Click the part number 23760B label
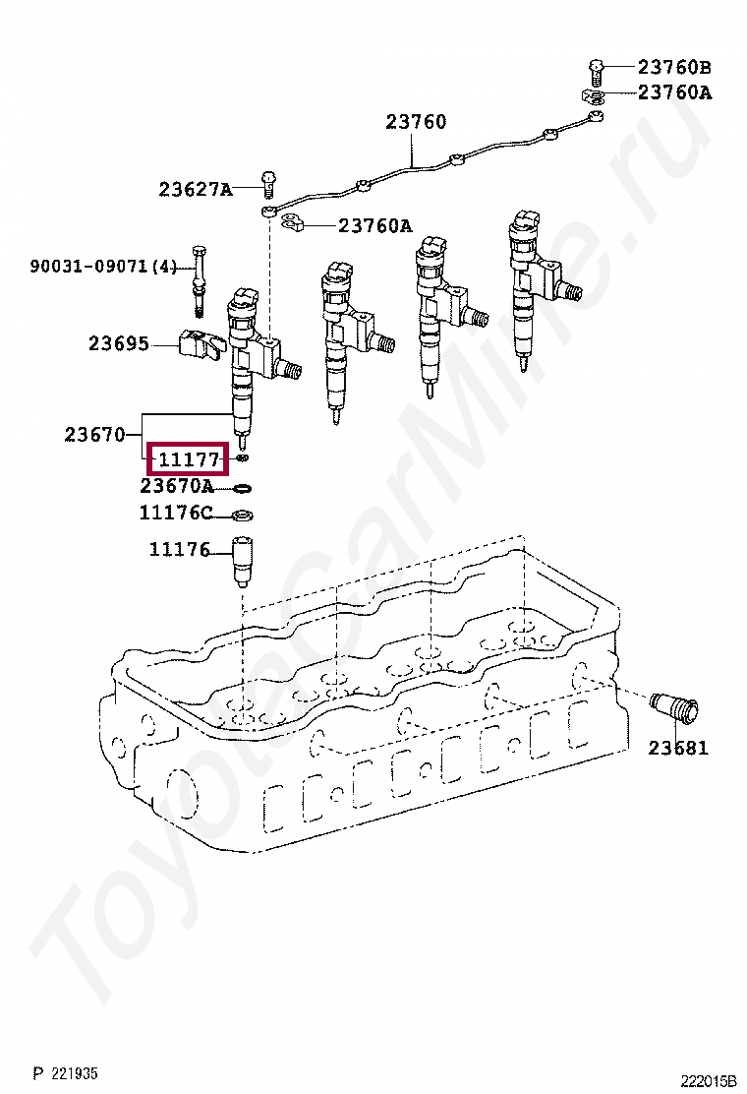tap(674, 68)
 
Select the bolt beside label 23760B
tap(595, 69)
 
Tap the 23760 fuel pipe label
tap(416, 122)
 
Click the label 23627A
tap(196, 189)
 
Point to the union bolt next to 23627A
tap(269, 183)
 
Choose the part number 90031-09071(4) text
tap(103, 266)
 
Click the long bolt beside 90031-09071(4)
tap(200, 279)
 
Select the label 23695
tap(119, 343)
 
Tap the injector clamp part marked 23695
tap(202, 346)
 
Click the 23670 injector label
tap(94, 435)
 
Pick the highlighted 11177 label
tap(189, 459)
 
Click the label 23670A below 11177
tap(177, 486)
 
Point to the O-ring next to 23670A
tap(242, 488)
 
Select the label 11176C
tap(176, 513)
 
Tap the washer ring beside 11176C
tap(243, 517)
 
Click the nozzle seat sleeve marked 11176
tap(242, 563)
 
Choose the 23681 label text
tap(678, 748)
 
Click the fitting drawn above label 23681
tap(674, 710)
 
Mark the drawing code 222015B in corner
tap(708, 1082)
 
